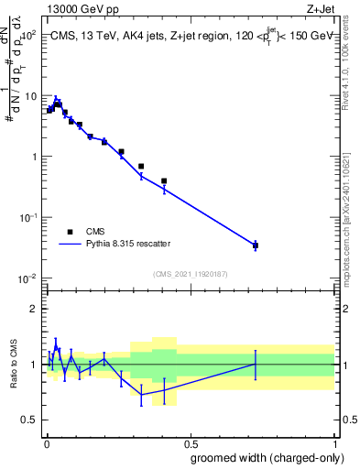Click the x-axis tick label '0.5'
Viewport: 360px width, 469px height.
[190, 442]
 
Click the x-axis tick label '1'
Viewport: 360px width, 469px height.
[334, 442]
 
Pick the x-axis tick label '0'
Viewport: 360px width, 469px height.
[46, 442]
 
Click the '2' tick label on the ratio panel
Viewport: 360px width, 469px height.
[34, 309]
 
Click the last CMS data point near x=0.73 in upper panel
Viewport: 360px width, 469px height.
[256, 245]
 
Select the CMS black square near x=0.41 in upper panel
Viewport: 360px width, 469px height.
[164, 181]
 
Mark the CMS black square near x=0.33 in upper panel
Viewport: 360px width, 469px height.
[141, 167]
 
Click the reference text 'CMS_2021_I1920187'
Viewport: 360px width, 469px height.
[190, 274]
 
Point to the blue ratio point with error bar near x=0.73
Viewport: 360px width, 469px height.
[256, 364]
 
